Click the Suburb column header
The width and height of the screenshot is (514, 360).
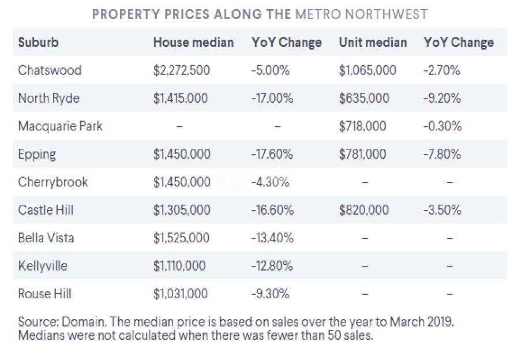pyautogui.click(x=38, y=42)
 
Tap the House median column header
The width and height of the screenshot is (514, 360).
pyautogui.click(x=193, y=42)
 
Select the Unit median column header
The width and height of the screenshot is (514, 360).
pyautogui.click(x=373, y=42)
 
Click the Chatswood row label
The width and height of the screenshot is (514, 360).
pyautogui.click(x=50, y=70)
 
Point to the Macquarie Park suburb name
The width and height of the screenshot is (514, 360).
pyautogui.click(x=60, y=126)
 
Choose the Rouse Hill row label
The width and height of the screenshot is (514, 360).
pyautogui.click(x=46, y=294)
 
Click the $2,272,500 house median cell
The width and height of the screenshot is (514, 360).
pyautogui.click(x=181, y=70)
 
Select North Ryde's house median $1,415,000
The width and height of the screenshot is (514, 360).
pyautogui.click(x=180, y=98)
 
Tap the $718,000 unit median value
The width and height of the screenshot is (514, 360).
pyautogui.click(x=362, y=126)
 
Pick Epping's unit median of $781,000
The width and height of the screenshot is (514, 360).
pyautogui.click(x=362, y=154)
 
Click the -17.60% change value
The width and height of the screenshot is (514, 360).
pyautogui.click(x=272, y=154)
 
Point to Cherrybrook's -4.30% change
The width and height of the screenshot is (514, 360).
pyautogui.click(x=270, y=182)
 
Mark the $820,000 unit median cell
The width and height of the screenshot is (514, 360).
pyautogui.click(x=363, y=210)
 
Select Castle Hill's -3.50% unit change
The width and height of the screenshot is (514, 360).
pyautogui.click(x=442, y=210)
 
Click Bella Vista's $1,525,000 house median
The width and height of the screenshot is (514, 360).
pyautogui.click(x=181, y=238)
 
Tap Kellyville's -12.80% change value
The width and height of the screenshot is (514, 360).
pyautogui.click(x=272, y=266)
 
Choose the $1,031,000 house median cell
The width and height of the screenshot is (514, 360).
pyautogui.click(x=180, y=294)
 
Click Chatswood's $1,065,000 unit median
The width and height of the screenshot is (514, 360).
pyautogui.click(x=367, y=70)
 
